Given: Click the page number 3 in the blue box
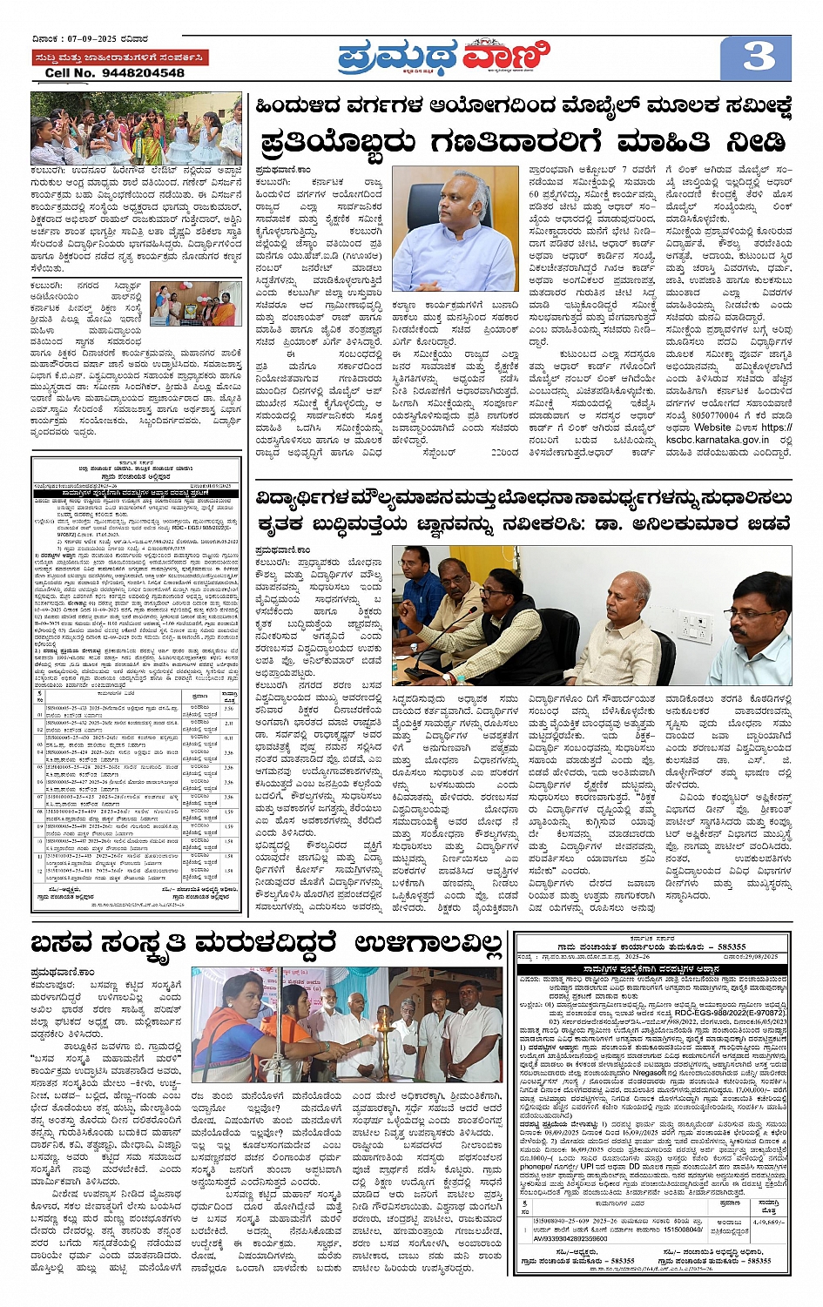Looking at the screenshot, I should [x=759, y=57].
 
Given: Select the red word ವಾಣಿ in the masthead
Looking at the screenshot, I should [x=504, y=57].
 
